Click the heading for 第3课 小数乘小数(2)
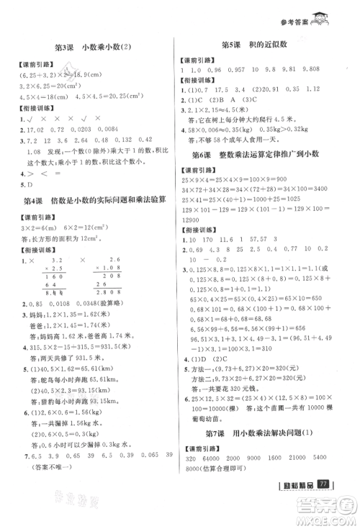tap(93, 47)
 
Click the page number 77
tap(323, 499)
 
